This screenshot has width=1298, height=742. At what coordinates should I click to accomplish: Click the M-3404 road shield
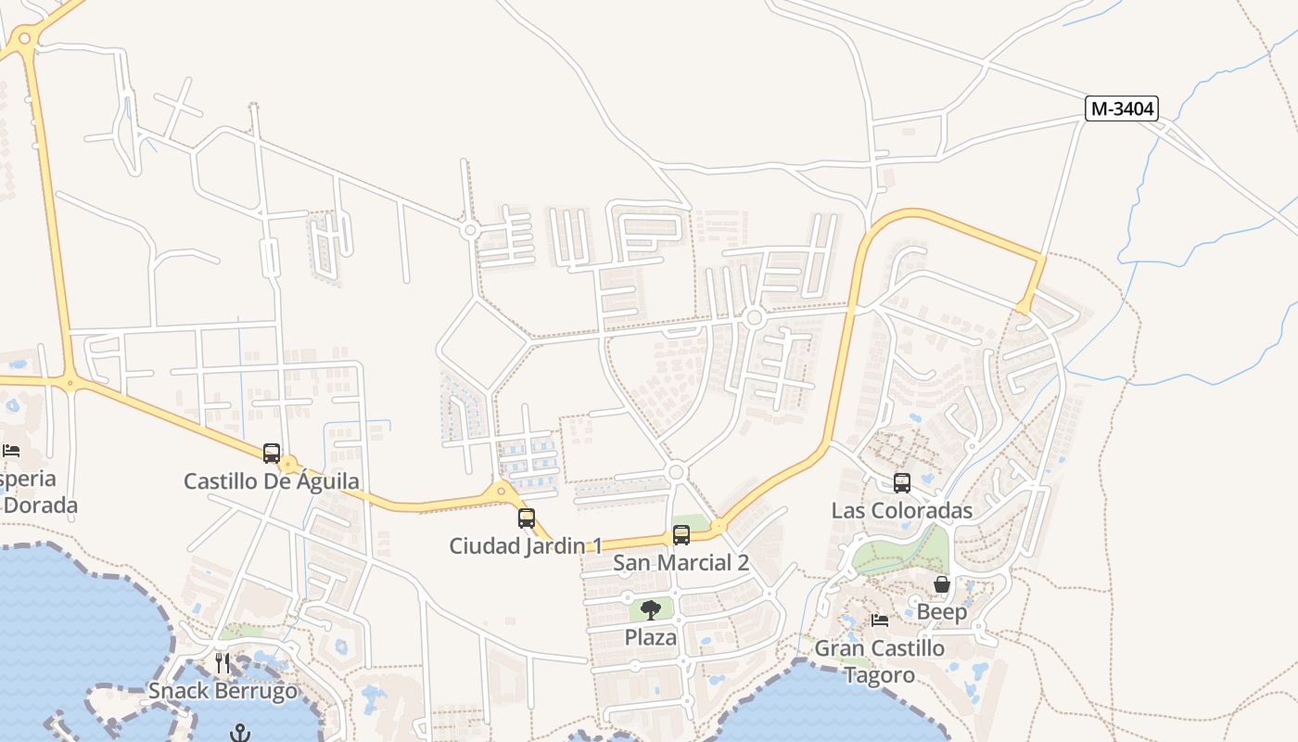pyautogui.click(x=1122, y=109)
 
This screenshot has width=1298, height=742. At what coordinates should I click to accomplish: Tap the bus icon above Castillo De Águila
pyautogui.click(x=272, y=454)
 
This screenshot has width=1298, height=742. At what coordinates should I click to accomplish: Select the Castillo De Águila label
pyautogui.click(x=272, y=481)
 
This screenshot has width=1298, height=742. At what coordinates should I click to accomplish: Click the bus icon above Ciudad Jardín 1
pyautogui.click(x=527, y=518)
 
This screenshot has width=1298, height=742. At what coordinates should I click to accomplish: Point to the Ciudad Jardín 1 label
pyautogui.click(x=526, y=545)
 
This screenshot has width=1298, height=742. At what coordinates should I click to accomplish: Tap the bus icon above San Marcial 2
pyautogui.click(x=681, y=535)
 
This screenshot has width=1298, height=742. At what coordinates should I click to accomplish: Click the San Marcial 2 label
pyautogui.click(x=681, y=562)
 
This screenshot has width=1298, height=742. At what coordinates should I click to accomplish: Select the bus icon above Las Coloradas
pyautogui.click(x=902, y=483)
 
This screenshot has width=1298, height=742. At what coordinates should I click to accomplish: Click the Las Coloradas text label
pyautogui.click(x=902, y=510)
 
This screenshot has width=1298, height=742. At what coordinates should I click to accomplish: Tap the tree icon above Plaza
pyautogui.click(x=651, y=610)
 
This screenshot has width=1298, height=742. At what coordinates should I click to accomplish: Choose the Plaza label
pyautogui.click(x=651, y=637)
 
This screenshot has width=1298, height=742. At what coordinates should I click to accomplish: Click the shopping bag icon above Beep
pyautogui.click(x=942, y=584)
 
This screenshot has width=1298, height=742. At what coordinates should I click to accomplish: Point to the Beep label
pyautogui.click(x=942, y=611)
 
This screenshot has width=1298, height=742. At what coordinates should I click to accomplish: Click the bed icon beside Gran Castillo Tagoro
pyautogui.click(x=880, y=620)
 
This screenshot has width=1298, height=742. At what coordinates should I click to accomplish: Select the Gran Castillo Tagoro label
pyautogui.click(x=880, y=660)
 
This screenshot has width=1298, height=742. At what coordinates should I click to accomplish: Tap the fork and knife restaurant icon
pyautogui.click(x=223, y=663)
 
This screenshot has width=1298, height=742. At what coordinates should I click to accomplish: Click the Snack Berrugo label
pyautogui.click(x=223, y=691)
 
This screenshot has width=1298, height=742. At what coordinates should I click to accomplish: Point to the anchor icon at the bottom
pyautogui.click(x=240, y=733)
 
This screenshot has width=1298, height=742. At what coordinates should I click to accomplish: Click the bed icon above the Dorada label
pyautogui.click(x=11, y=451)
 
